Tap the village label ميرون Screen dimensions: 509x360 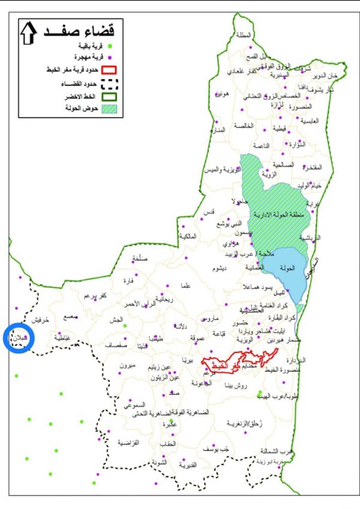128,366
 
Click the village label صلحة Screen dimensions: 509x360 139,259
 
